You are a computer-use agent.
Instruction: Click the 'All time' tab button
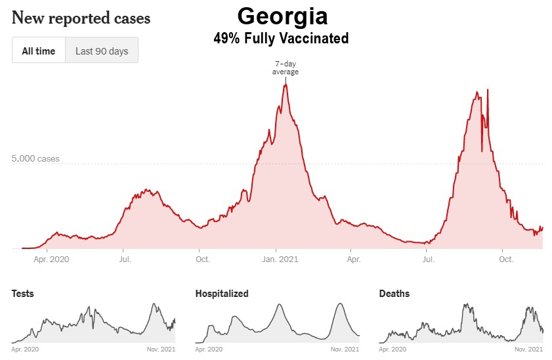[39, 51]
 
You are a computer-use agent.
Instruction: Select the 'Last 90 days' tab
[102, 51]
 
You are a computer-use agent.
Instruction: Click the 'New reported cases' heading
[81, 18]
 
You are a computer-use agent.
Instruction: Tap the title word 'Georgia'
[282, 16]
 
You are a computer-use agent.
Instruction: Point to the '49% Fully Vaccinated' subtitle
[281, 39]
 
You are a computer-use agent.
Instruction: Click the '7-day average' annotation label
[286, 68]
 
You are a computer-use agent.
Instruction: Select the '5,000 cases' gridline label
[35, 159]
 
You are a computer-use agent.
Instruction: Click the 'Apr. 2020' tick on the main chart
[51, 259]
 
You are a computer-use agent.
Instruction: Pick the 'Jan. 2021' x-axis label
[280, 259]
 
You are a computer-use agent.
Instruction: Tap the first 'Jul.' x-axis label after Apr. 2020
[125, 259]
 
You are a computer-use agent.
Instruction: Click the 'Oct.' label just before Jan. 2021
[203, 259]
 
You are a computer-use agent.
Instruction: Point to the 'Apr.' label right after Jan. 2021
[354, 259]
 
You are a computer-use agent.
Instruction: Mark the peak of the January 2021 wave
[286, 85]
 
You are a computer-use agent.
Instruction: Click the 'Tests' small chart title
[23, 294]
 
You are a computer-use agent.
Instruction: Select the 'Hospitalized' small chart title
[222, 294]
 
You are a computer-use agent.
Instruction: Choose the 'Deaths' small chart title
[394, 294]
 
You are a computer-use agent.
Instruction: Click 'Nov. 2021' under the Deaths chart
[528, 349]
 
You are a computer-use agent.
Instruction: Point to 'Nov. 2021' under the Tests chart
[160, 349]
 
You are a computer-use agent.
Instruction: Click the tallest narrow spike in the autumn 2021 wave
[488, 90]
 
